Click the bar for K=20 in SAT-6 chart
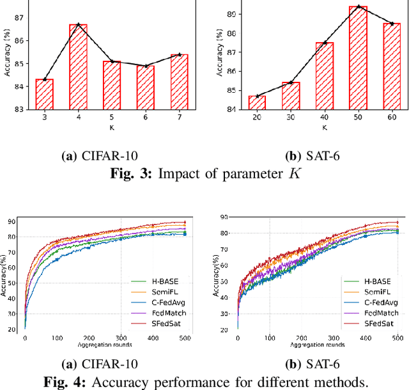tap(257, 102)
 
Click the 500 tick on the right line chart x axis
tap(397, 338)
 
